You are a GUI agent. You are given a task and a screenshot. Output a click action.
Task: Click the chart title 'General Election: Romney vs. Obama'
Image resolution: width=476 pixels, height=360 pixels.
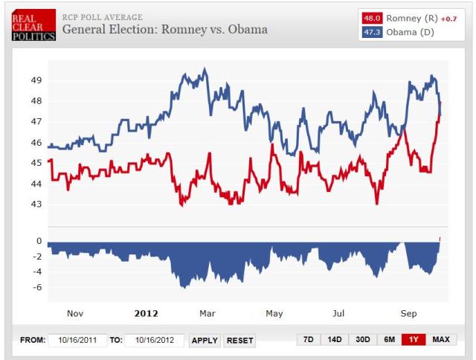point(164,30)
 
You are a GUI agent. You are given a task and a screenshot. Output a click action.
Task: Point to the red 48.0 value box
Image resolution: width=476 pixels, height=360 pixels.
point(372,18)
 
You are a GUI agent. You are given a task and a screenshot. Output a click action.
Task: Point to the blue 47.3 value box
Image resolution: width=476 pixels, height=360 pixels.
point(372,32)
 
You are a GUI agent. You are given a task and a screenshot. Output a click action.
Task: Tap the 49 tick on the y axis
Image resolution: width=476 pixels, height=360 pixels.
point(36,80)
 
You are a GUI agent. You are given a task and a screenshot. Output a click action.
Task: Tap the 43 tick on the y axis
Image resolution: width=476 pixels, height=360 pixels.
point(36,204)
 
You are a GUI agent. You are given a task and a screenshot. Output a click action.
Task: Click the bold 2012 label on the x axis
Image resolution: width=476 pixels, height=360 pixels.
point(146,313)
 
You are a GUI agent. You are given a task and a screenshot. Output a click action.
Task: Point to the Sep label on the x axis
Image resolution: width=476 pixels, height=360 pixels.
point(409,313)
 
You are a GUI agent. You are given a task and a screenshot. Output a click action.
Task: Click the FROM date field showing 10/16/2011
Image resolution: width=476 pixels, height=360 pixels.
point(77,340)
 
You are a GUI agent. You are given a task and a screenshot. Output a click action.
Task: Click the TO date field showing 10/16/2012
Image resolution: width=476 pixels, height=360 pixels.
point(154,340)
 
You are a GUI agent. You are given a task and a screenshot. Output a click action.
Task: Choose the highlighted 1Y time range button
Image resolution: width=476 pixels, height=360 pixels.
point(412,340)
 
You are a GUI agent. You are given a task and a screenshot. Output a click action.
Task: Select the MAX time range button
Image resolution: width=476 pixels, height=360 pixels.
point(440,340)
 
